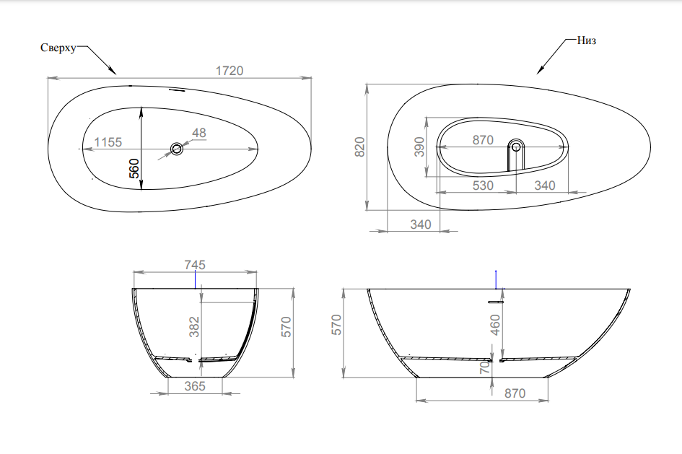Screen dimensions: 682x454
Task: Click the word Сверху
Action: (x=58, y=48)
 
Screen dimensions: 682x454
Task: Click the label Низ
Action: (x=586, y=40)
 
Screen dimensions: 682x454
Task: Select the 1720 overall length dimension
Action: (x=229, y=71)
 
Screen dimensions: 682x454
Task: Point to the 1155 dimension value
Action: (x=108, y=142)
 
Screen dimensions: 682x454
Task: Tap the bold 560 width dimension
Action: (x=134, y=168)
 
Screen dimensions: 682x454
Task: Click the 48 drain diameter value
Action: (x=198, y=133)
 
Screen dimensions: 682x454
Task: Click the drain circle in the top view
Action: (x=177, y=149)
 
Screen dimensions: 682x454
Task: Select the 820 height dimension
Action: (x=359, y=147)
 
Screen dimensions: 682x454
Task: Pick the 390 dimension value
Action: (x=419, y=147)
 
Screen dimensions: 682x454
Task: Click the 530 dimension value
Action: (x=483, y=185)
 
